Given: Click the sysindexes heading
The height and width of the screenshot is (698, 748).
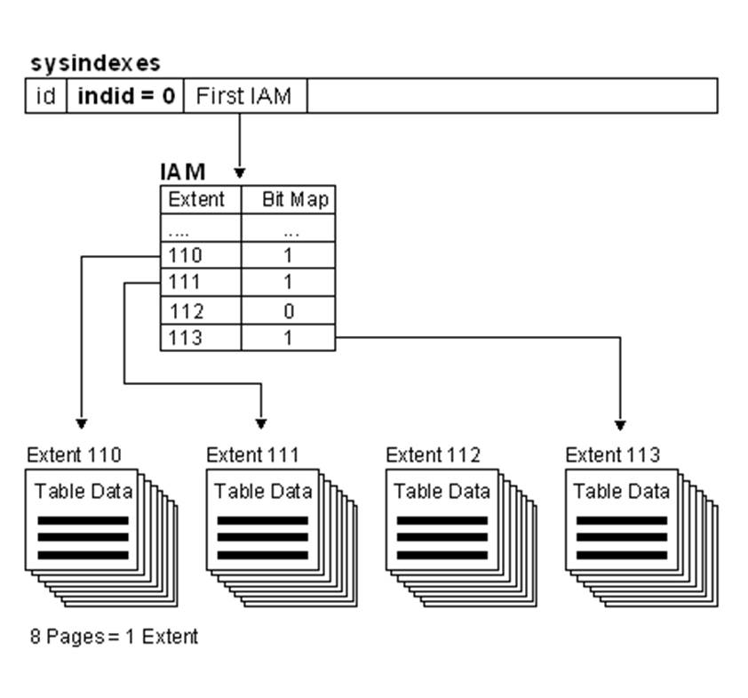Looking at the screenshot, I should [x=95, y=63].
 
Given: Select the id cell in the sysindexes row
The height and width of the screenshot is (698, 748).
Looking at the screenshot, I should [x=45, y=96].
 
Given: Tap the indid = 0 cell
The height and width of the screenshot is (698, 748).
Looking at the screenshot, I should [x=125, y=96].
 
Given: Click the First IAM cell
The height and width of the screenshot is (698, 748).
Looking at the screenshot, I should [x=243, y=96].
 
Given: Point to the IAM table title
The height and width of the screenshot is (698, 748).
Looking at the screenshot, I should [x=183, y=172].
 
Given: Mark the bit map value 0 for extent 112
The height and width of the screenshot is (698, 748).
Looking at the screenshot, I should [x=290, y=311].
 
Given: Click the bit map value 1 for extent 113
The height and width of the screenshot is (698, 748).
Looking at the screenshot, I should [x=290, y=338].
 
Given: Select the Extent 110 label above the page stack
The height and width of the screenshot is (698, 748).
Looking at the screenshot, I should [x=74, y=455].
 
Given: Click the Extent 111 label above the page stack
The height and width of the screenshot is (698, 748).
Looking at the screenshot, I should [x=253, y=455].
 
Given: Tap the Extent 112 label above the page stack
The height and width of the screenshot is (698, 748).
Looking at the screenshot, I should [x=433, y=455].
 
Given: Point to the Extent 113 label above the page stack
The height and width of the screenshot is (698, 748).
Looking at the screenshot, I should [x=612, y=455].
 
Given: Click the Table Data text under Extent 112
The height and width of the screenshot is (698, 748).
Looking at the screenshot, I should [x=442, y=491].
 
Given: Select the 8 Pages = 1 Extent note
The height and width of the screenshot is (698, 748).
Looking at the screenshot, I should [x=114, y=637].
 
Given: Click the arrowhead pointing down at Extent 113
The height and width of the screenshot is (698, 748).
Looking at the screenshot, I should [x=620, y=425].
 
